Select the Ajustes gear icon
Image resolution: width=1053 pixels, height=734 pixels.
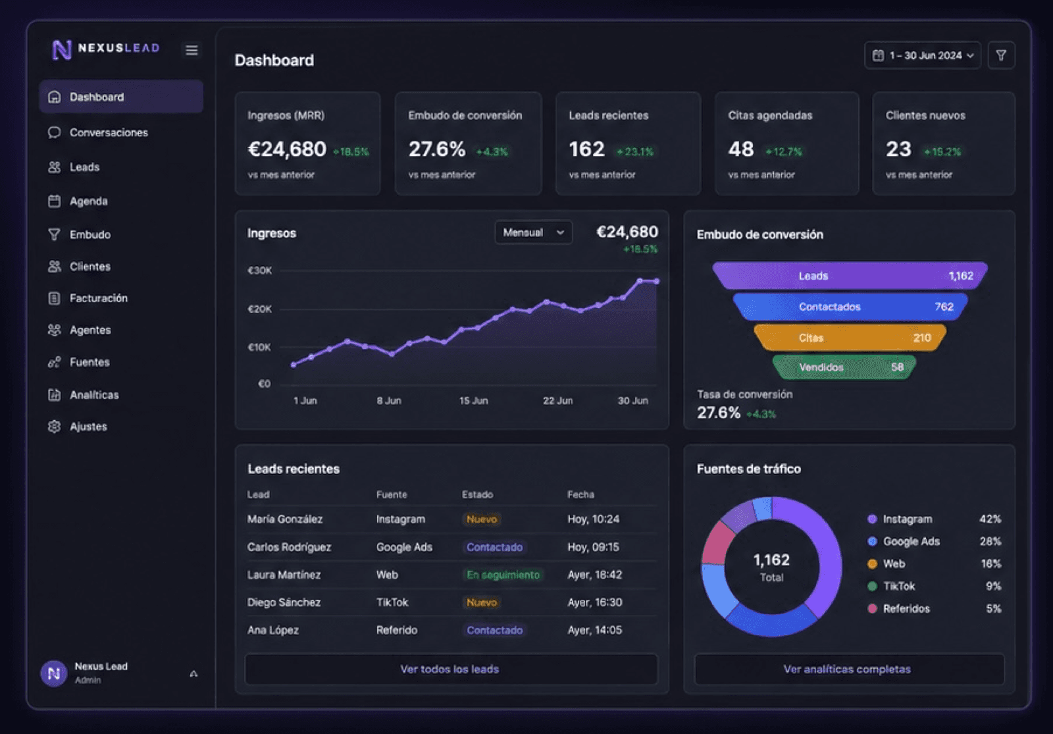[54, 427]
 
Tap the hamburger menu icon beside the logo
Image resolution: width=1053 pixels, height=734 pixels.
[192, 50]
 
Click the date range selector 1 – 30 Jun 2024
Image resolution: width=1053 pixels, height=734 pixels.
[922, 55]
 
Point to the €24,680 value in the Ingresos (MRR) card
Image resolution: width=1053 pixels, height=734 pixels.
[287, 149]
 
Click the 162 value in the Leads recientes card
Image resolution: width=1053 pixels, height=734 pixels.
[586, 149]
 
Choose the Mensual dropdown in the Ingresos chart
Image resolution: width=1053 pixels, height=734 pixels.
[534, 232]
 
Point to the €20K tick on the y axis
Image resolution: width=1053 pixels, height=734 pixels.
[259, 309]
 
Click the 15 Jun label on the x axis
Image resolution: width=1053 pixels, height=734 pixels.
[473, 401]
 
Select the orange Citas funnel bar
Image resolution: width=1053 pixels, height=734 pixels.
[850, 338]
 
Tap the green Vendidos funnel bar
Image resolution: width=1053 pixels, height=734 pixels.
[844, 367]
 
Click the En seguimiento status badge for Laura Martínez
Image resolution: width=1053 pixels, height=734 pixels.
[503, 575]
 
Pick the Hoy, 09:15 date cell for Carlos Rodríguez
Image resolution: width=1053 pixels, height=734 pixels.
[593, 547]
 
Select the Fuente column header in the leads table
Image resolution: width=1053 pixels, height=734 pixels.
[392, 494]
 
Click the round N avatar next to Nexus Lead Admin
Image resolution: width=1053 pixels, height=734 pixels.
[53, 673]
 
